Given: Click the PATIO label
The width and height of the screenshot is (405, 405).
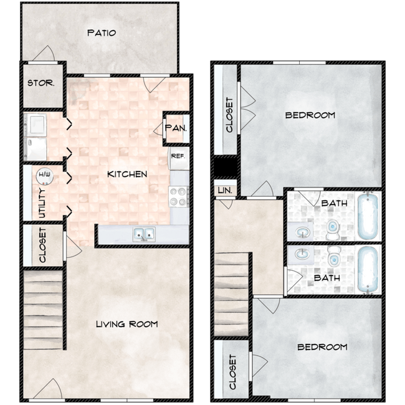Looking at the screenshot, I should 101,33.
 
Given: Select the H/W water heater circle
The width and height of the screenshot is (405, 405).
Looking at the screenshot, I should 44,177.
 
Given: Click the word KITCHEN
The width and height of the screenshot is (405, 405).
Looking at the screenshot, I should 127,174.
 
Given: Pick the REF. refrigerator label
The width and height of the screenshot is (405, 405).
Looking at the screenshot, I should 178,156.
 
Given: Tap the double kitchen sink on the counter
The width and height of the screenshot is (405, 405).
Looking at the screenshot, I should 143,234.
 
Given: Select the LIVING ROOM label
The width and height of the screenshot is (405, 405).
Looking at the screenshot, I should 126,324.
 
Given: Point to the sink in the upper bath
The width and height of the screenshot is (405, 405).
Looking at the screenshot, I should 303,232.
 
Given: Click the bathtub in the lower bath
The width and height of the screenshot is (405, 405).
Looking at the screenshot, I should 368,268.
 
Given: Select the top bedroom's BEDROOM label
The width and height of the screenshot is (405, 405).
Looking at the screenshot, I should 310,115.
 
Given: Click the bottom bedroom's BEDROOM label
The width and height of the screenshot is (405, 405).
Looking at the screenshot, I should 322,347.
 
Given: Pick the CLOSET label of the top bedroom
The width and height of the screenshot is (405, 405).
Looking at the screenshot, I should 229,114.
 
